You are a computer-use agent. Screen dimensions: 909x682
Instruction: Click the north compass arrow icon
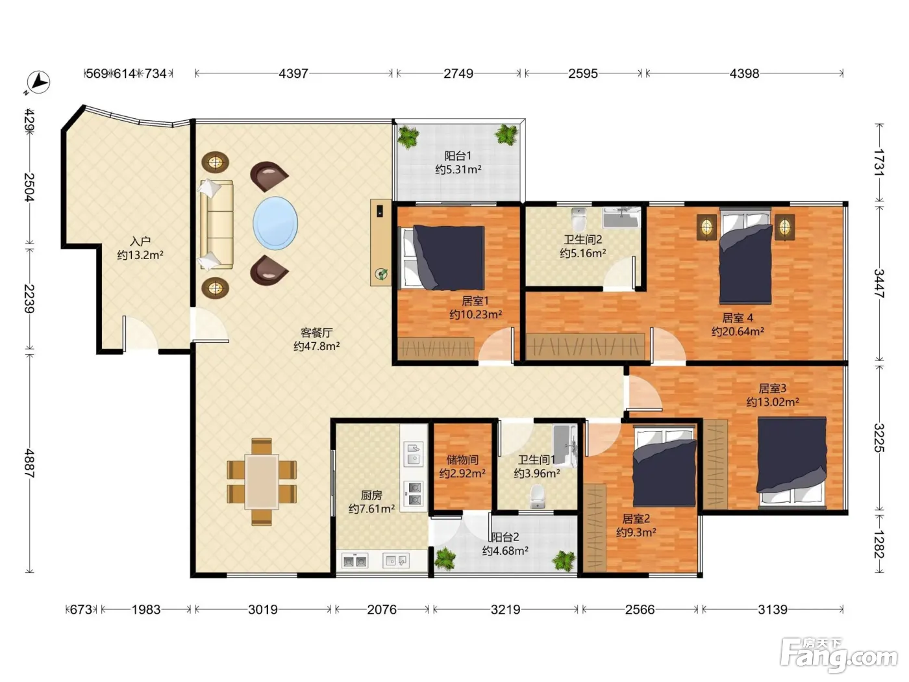pyautogui.click(x=38, y=82)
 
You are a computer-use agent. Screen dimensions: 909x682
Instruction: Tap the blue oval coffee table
pyautogui.click(x=275, y=223)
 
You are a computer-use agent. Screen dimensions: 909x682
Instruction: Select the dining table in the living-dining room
pyautogui.click(x=261, y=481)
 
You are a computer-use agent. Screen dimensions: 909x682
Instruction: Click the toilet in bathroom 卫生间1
pyautogui.click(x=537, y=496)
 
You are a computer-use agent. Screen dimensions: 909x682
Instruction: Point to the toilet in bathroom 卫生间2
pyautogui.click(x=579, y=219)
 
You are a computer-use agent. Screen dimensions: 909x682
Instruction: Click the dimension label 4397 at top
pyautogui.click(x=293, y=73)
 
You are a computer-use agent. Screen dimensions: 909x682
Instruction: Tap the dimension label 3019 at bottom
pyautogui.click(x=262, y=609)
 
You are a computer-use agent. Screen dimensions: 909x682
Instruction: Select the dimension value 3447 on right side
pyautogui.click(x=878, y=284)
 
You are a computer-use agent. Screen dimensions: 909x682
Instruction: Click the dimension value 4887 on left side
pyautogui.click(x=29, y=463)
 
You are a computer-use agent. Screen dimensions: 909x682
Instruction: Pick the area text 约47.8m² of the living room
pyautogui.click(x=317, y=346)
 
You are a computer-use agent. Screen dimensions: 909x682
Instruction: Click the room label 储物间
pyautogui.click(x=462, y=460)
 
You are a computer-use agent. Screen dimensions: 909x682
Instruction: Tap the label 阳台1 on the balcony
pyautogui.click(x=458, y=156)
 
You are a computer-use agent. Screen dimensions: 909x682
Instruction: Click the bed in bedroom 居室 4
pyautogui.click(x=745, y=257)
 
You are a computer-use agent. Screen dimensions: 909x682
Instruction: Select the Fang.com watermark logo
pyautogui.click(x=840, y=655)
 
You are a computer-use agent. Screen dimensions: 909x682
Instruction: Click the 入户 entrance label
pyautogui.click(x=140, y=241)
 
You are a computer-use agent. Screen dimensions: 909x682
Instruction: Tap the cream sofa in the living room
pyautogui.click(x=217, y=225)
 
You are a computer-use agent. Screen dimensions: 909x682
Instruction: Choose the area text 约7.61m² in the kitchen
pyautogui.click(x=371, y=509)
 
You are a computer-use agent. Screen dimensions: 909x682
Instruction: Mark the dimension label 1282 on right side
pyautogui.click(x=878, y=544)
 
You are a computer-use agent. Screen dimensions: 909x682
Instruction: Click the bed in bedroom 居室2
pyautogui.click(x=664, y=468)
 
